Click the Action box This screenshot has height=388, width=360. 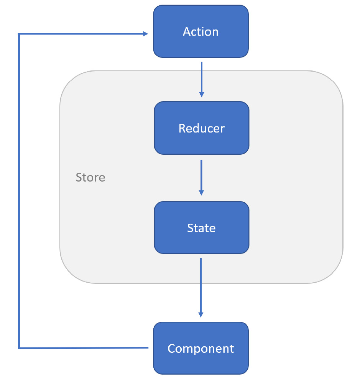(x=201, y=31)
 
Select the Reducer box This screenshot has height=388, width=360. (x=201, y=128)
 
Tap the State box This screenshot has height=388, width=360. (x=201, y=228)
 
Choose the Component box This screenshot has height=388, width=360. (x=201, y=348)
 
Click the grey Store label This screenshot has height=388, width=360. (x=90, y=177)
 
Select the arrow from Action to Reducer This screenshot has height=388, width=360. (x=201, y=79)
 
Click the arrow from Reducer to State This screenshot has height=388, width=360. (x=201, y=176)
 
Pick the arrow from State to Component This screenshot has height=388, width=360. (x=201, y=285)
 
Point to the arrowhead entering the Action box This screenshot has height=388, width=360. (x=146, y=34)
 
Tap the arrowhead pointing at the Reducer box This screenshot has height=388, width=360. (x=201, y=95)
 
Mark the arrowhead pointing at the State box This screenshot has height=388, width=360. (x=201, y=193)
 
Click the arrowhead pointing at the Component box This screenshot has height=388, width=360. (x=201, y=314)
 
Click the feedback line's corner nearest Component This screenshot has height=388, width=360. (x=19, y=348)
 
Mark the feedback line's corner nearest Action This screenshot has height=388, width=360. (x=19, y=34)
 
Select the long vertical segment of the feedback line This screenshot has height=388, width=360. (x=19, y=192)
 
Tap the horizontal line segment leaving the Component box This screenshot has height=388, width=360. (x=84, y=348)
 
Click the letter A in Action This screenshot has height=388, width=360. (x=187, y=31)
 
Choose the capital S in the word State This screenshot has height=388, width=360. (x=191, y=228)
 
